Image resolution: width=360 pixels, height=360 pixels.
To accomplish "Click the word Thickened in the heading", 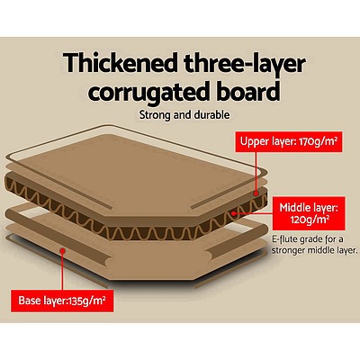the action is click(x=121, y=63).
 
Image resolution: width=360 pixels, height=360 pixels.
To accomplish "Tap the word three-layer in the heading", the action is click(x=245, y=65).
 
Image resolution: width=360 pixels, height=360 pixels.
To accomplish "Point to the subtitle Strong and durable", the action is click(x=184, y=115).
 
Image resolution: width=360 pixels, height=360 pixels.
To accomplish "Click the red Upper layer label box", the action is click(x=288, y=140).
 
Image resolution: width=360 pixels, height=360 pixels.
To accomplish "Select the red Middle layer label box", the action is click(x=309, y=213).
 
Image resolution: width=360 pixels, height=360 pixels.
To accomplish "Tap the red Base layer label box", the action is click(x=62, y=301).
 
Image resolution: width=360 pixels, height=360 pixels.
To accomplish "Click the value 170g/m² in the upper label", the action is click(x=317, y=140).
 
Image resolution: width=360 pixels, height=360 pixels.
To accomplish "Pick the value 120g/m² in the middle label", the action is click(x=310, y=220).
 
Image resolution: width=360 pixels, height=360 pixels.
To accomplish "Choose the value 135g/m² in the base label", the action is click(x=87, y=300).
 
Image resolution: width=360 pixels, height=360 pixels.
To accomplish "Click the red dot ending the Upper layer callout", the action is click(x=256, y=193).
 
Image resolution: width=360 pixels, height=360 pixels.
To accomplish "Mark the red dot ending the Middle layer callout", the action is click(x=234, y=213).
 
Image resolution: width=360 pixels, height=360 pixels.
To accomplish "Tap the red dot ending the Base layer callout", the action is click(x=62, y=250).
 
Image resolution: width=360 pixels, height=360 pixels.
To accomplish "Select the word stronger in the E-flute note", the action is click(x=291, y=250).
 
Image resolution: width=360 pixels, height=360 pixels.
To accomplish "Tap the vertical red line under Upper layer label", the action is click(x=256, y=171).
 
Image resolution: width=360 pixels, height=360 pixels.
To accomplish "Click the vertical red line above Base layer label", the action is click(x=62, y=271).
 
